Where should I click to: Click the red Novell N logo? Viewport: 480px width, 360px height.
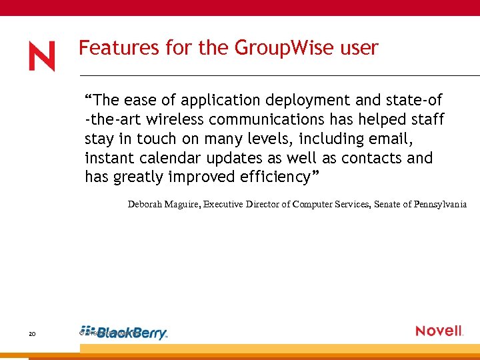42,56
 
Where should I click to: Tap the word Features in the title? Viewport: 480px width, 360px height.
110,48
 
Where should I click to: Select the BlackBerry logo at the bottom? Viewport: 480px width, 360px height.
127,333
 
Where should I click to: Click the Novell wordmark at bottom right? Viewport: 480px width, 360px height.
439,331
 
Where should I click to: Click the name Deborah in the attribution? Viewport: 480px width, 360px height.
146,205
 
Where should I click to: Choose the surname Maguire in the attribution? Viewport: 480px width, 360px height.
185,205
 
